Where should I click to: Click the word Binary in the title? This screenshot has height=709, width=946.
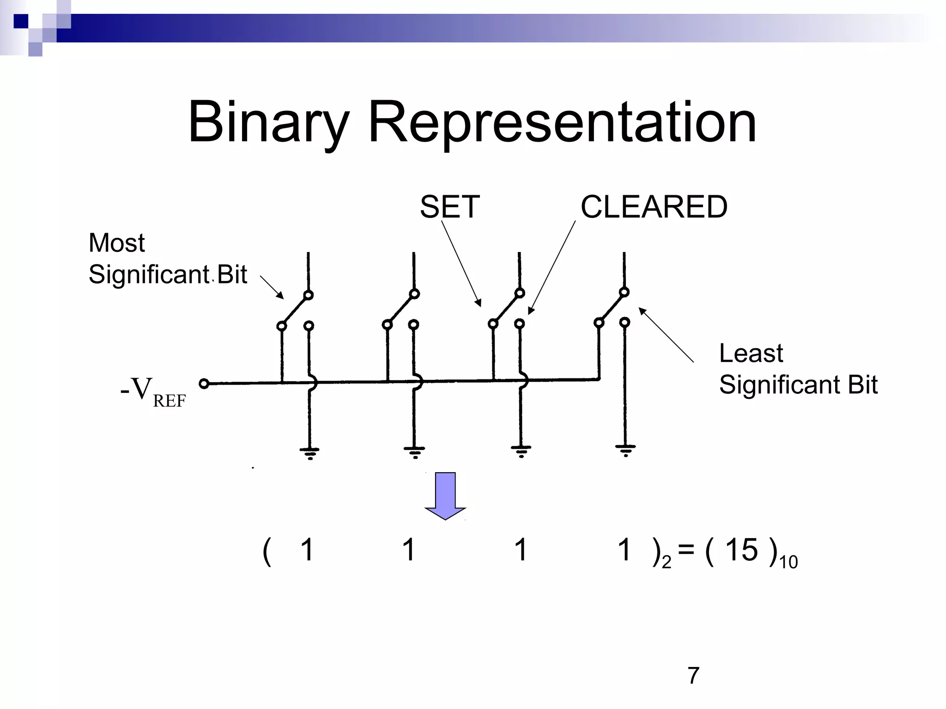point(268,122)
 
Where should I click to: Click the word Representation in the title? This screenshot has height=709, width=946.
point(562,122)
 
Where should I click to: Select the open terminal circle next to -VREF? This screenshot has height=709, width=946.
point(204,383)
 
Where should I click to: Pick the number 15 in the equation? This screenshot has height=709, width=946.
point(741,550)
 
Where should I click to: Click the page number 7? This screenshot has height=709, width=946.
point(693,675)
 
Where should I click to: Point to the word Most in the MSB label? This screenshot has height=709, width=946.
point(116,243)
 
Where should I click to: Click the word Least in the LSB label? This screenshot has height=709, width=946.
point(751,354)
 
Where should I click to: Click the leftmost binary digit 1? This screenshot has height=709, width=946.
point(307,550)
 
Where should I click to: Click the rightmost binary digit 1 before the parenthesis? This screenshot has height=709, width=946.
point(625,550)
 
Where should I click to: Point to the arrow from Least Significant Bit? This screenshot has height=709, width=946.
point(666,335)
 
